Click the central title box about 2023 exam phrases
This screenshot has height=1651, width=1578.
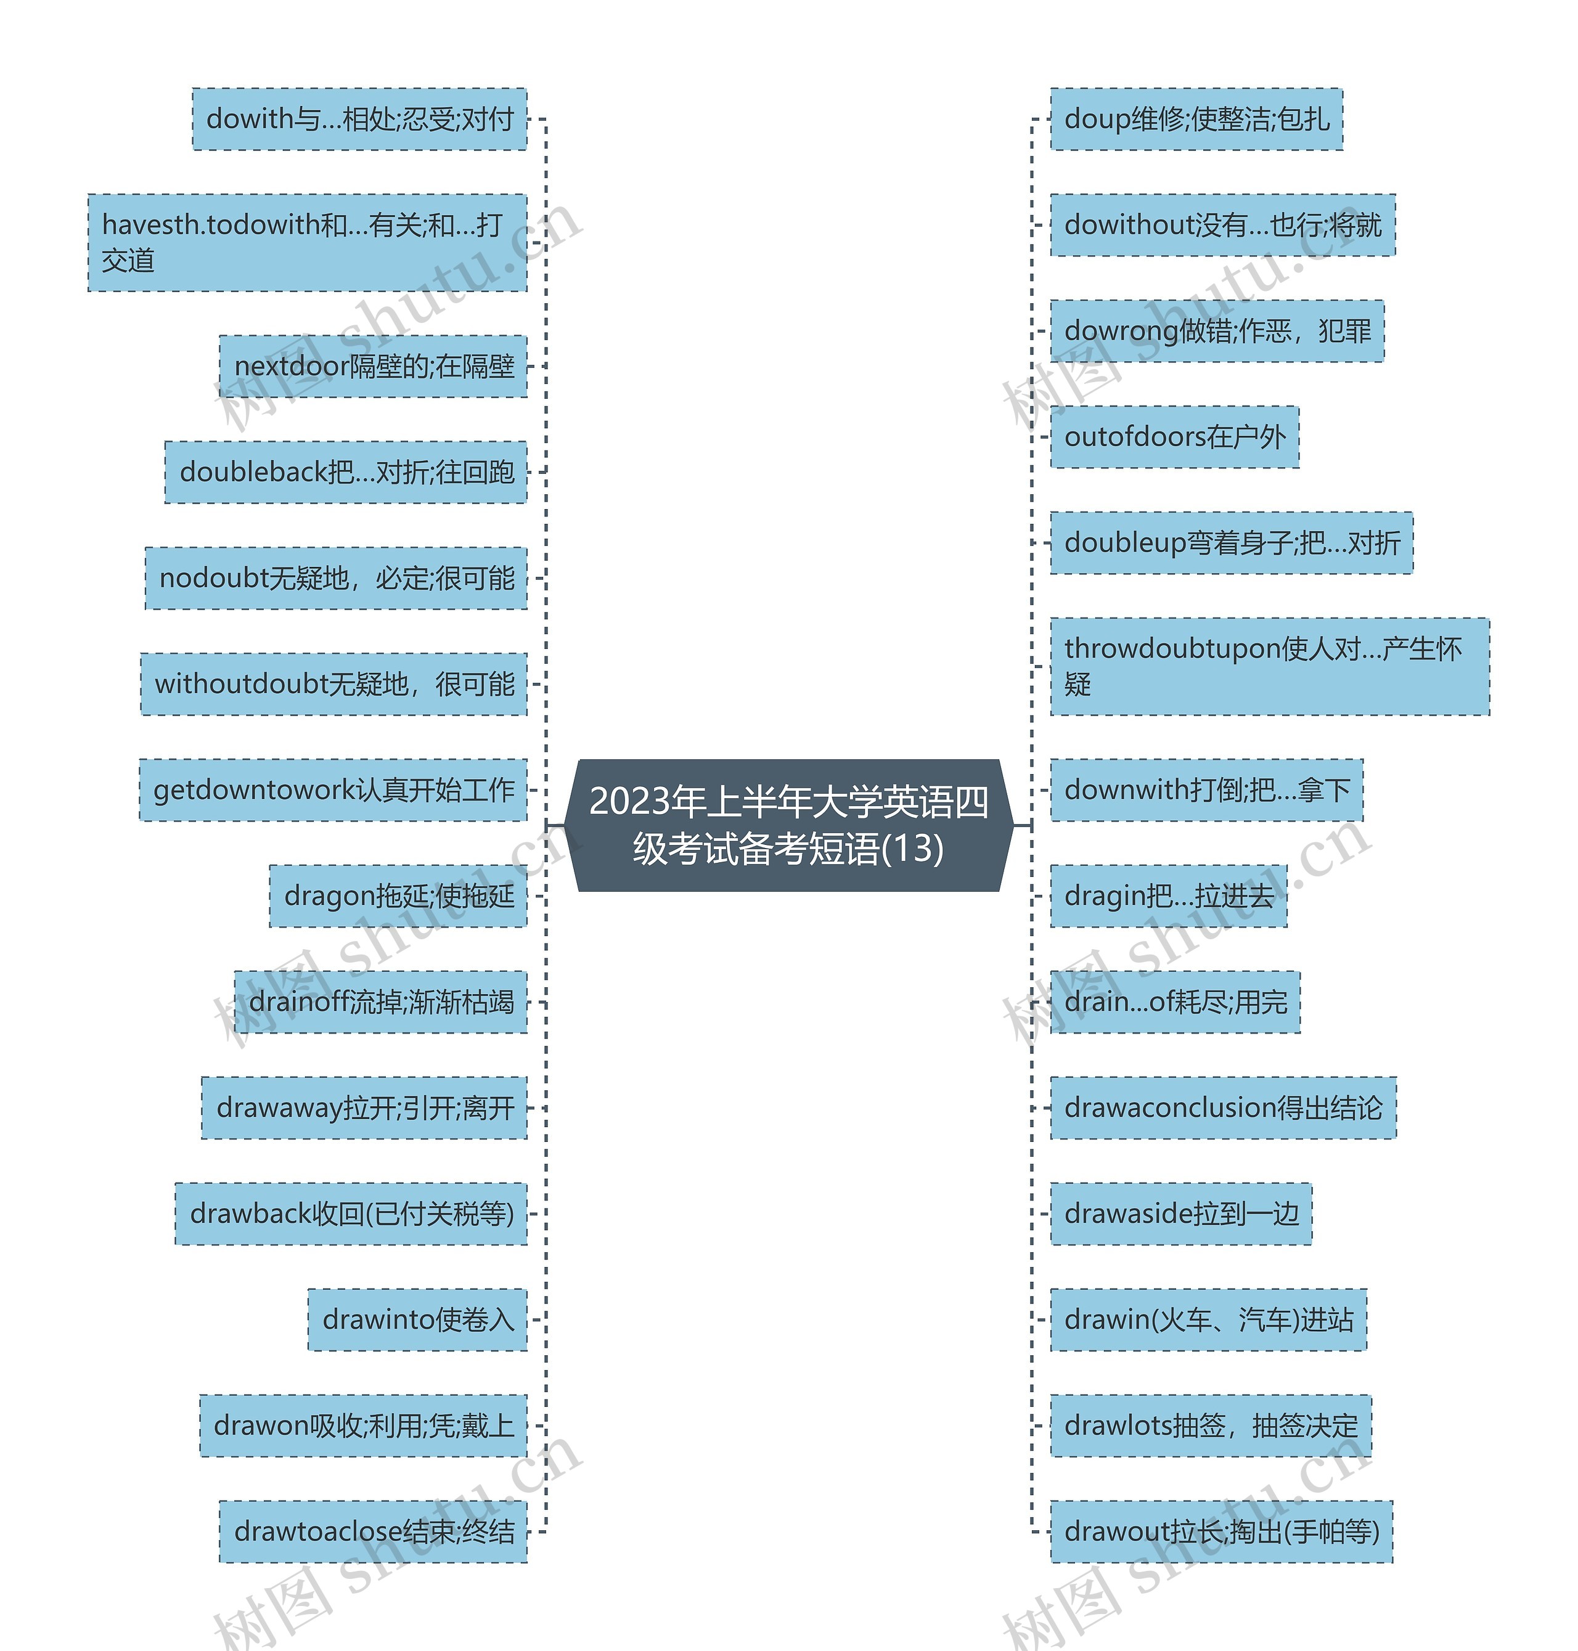(x=788, y=825)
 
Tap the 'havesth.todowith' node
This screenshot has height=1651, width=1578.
(x=307, y=243)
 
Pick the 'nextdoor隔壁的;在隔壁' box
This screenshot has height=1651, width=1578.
(x=373, y=367)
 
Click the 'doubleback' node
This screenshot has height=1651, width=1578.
(x=346, y=473)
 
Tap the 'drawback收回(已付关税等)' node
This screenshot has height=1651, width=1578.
(x=351, y=1213)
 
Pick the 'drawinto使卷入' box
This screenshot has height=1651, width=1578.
(x=417, y=1319)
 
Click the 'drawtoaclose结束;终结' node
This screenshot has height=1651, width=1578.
(x=373, y=1531)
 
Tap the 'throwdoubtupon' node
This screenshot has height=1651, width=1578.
(x=1269, y=667)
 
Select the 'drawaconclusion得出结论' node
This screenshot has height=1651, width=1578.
(x=1223, y=1107)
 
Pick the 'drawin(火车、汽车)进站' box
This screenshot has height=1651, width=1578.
(x=1208, y=1319)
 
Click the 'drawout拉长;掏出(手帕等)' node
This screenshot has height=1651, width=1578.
(x=1221, y=1531)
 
